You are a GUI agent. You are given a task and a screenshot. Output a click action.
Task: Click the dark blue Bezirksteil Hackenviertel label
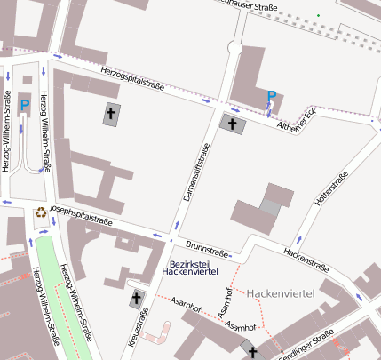coord(197,268)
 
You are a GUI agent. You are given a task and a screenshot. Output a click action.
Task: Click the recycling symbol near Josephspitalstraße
coord(40,212)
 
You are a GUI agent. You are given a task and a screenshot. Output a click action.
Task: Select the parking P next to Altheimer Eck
coord(272,96)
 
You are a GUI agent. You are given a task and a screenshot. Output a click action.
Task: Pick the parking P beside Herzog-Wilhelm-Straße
coord(25,106)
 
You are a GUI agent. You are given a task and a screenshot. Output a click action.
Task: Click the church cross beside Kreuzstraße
coord(137,298)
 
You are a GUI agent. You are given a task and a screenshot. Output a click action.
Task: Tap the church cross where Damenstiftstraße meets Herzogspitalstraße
coord(234,124)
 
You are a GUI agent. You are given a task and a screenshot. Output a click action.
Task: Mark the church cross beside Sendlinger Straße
coord(253,353)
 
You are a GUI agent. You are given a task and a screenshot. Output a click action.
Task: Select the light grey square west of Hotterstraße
coord(268,207)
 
